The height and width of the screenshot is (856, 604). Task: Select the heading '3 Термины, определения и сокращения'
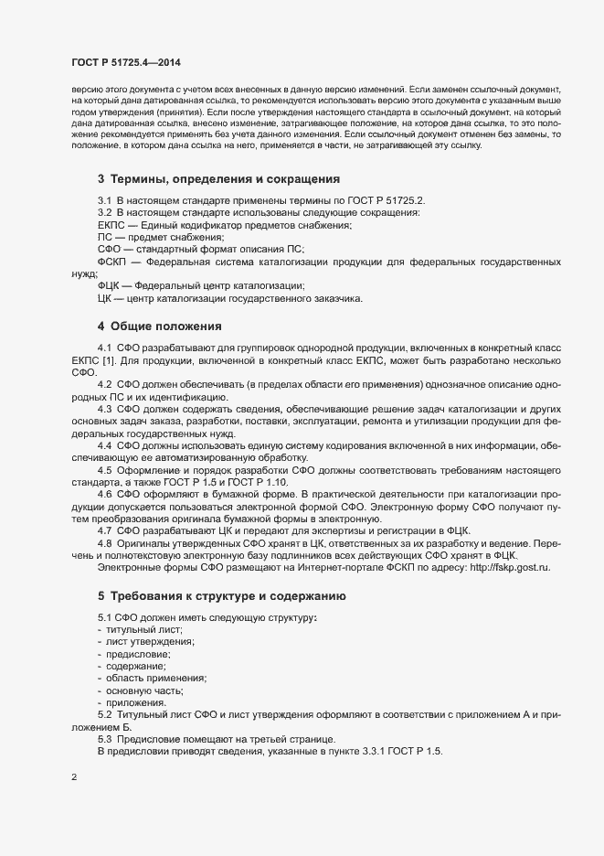coord(219,179)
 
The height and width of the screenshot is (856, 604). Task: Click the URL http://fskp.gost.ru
coord(507,567)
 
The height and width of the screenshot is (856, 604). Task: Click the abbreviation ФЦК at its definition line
coord(110,285)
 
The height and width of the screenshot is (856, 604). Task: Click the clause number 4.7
coord(104,530)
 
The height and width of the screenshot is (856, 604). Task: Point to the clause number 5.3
coord(104,738)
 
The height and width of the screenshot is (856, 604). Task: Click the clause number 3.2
coord(104,213)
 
